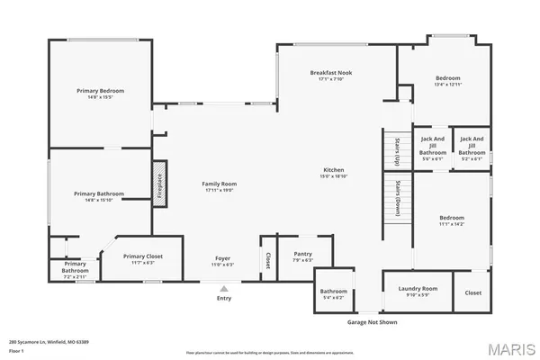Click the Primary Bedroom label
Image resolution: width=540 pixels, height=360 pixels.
tap(99, 91)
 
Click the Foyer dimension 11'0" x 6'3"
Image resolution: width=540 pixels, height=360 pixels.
tap(222, 265)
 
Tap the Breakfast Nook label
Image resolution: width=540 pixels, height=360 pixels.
tap(332, 72)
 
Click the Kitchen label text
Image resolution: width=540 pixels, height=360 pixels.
tap(334, 170)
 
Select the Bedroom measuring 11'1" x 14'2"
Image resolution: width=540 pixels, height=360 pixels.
tap(452, 220)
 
